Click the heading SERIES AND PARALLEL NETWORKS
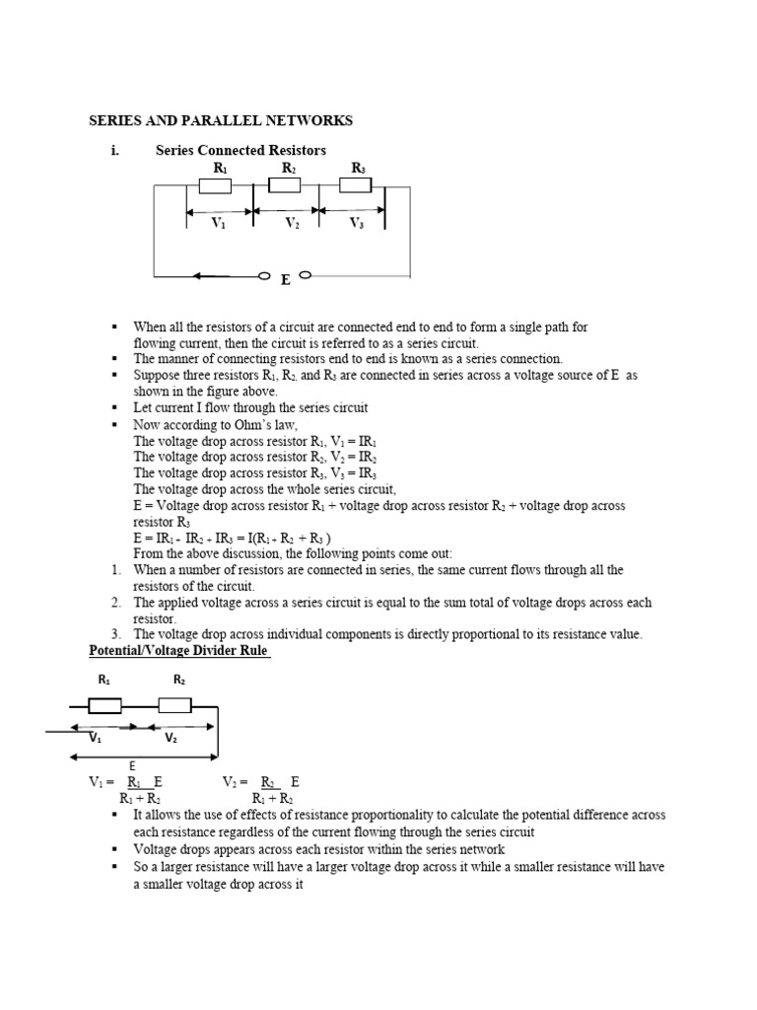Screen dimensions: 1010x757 pyautogui.click(x=221, y=120)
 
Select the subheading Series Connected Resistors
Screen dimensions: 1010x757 pyautogui.click(x=241, y=150)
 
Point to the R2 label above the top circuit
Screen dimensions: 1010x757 pyautogui.click(x=289, y=169)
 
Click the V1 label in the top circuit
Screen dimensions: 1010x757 pyautogui.click(x=219, y=224)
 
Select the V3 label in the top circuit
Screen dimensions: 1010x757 pyautogui.click(x=357, y=224)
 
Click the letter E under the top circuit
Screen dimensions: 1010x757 pyautogui.click(x=285, y=280)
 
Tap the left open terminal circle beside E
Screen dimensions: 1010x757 pyautogui.click(x=263, y=275)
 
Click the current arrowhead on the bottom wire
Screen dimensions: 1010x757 pyautogui.click(x=200, y=275)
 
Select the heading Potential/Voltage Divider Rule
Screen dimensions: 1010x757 pyautogui.click(x=179, y=651)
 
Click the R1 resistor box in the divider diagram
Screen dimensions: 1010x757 pyautogui.click(x=105, y=705)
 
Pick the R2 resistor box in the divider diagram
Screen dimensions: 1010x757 pyautogui.click(x=174, y=705)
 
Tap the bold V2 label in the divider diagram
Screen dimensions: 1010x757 pyautogui.click(x=172, y=738)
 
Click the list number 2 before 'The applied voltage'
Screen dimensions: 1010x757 pyautogui.click(x=115, y=603)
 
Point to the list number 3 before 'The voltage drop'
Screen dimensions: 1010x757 pyautogui.click(x=115, y=634)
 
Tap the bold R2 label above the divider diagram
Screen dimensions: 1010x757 pyautogui.click(x=179, y=680)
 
